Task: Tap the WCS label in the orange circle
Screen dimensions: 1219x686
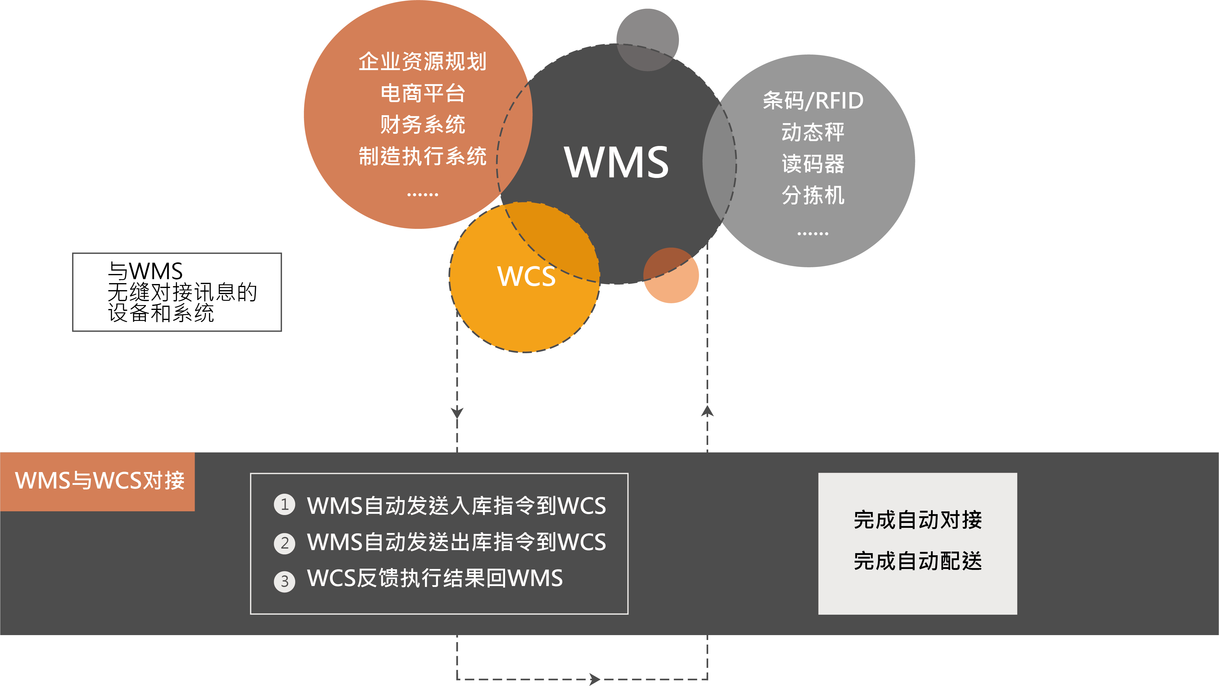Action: pos(526,276)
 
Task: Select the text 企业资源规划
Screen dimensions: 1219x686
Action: pos(422,62)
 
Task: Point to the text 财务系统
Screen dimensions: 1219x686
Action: pos(422,125)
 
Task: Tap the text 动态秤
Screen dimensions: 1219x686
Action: pos(813,132)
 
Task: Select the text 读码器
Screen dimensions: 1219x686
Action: pos(813,164)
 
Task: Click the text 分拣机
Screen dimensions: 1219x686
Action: pos(813,195)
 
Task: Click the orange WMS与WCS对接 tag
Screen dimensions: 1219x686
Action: pos(97,482)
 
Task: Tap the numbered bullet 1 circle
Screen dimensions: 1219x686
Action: pos(284,505)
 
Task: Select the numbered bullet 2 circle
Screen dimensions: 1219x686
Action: pos(284,543)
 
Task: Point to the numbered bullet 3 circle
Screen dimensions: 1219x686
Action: pos(284,581)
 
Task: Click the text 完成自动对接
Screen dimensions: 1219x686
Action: pos(917,520)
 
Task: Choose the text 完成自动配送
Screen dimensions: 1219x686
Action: pos(917,561)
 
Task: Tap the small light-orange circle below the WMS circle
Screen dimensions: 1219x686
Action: pos(671,275)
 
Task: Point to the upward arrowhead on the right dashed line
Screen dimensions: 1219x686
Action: pos(707,411)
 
